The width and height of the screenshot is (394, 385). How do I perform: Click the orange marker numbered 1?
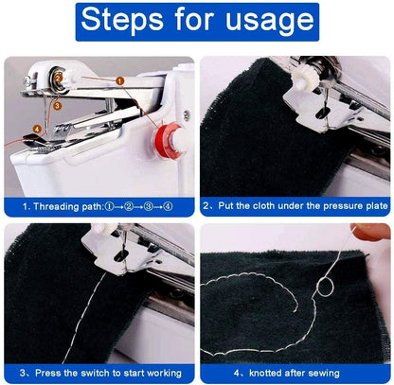[x=118, y=81]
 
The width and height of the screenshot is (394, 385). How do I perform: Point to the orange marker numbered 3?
[x=58, y=107]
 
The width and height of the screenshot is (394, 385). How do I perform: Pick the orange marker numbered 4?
[x=37, y=129]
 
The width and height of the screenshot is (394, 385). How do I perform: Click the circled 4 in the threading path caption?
[x=167, y=204]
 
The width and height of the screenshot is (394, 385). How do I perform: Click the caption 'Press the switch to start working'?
[x=99, y=372]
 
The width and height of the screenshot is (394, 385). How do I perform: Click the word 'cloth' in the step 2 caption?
[x=271, y=204]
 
